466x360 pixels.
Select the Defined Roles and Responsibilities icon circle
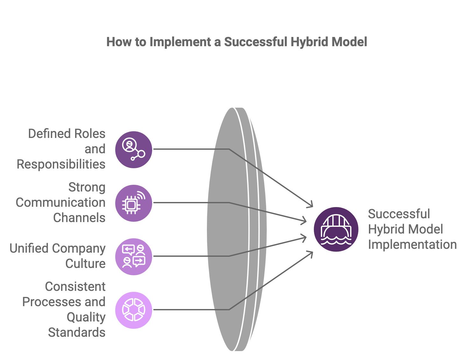pyautogui.click(x=133, y=149)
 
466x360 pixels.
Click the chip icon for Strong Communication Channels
pyautogui.click(x=133, y=203)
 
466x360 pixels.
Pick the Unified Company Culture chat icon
pyautogui.click(x=133, y=256)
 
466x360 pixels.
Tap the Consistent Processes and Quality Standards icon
pyautogui.click(x=133, y=310)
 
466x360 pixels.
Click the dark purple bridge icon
pyautogui.click(x=336, y=229)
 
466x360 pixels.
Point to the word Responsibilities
pyautogui.click(x=61, y=164)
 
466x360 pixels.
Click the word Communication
pyautogui.click(x=60, y=203)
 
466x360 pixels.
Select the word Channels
pyautogui.click(x=79, y=218)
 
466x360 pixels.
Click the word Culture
pyautogui.click(x=85, y=264)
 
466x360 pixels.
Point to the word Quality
pyautogui.click(x=86, y=317)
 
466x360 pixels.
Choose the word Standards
pyautogui.click(x=76, y=333)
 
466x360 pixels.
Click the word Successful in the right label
pyautogui.click(x=399, y=214)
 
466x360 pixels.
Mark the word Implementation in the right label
pyautogui.click(x=412, y=245)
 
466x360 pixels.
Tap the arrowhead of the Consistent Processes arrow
pyautogui.click(x=311, y=253)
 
